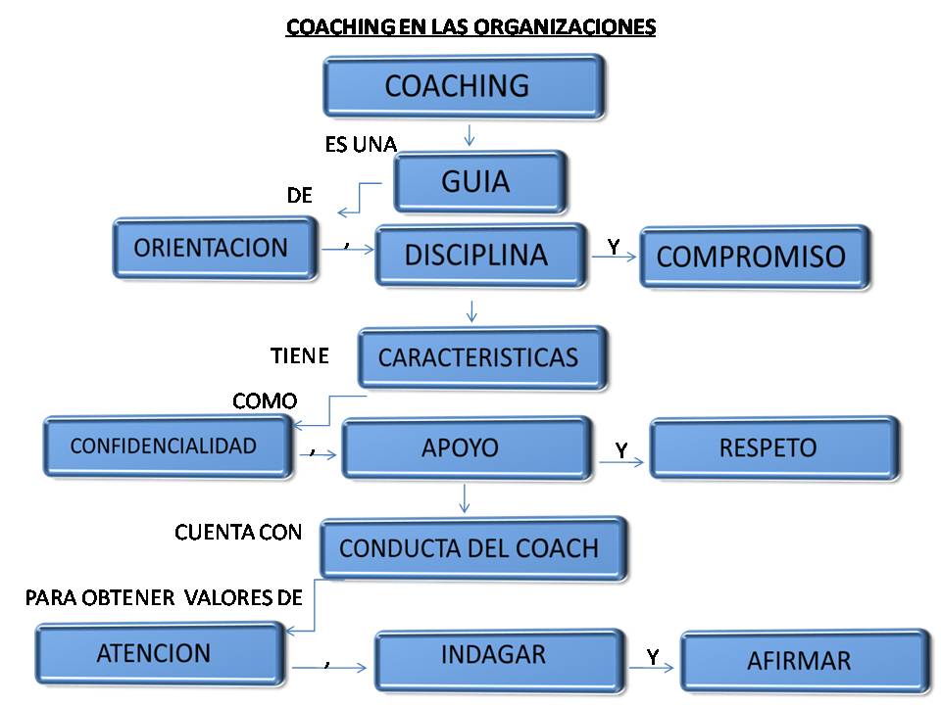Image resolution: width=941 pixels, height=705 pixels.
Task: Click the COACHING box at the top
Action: point(463,86)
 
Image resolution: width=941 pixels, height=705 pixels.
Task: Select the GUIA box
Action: point(479,181)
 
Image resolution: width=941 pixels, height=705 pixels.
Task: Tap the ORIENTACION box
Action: point(215,248)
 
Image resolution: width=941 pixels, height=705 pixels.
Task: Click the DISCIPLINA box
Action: point(480,257)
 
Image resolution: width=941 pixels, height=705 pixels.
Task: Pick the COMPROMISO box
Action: point(754,257)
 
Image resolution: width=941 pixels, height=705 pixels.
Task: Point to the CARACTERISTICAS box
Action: point(482,357)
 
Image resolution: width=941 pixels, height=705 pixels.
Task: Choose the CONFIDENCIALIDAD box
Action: point(168,446)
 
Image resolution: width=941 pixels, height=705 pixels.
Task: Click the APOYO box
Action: point(467,447)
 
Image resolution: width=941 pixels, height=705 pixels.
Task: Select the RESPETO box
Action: point(773,447)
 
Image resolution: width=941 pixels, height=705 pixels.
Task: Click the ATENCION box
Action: point(160,653)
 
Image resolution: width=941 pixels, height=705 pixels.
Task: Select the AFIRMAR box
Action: point(804,660)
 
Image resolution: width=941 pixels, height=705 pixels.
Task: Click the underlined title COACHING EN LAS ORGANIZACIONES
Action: point(470,27)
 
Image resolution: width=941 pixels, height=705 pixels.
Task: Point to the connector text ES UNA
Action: point(360,145)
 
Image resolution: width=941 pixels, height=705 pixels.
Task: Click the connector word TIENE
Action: point(299,355)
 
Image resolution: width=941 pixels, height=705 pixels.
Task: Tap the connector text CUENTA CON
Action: point(238,533)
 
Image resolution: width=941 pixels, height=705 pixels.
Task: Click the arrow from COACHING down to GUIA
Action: point(470,134)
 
